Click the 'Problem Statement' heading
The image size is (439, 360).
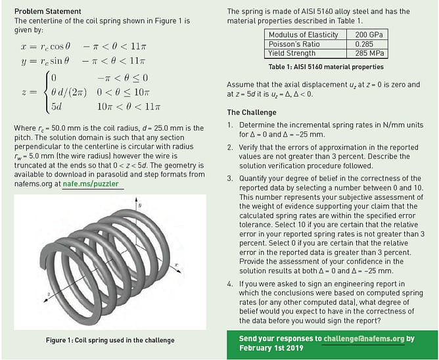[47, 11]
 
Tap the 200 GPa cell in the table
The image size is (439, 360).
[370, 34]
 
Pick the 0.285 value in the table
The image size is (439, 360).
[370, 43]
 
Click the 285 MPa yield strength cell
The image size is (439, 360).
[370, 53]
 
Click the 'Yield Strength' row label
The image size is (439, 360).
[292, 53]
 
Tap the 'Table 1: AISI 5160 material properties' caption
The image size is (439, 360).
[326, 67]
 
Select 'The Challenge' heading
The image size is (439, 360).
[252, 112]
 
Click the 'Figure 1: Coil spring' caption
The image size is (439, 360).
[110, 340]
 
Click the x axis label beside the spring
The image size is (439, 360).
[177, 265]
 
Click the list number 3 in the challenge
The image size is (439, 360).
[230, 177]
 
